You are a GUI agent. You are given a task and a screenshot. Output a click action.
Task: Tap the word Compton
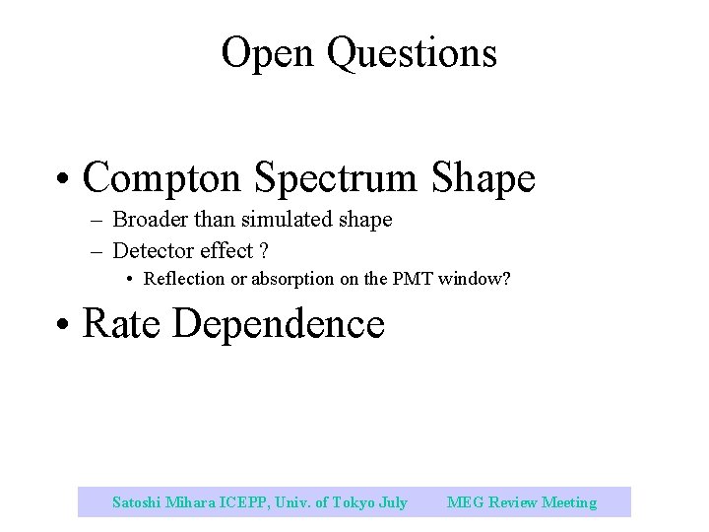[x=162, y=178]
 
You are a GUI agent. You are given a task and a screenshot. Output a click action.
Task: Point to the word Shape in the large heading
[x=483, y=178]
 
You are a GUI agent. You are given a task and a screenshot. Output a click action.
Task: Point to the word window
[x=474, y=279]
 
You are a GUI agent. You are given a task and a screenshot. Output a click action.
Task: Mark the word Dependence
[x=279, y=323]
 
